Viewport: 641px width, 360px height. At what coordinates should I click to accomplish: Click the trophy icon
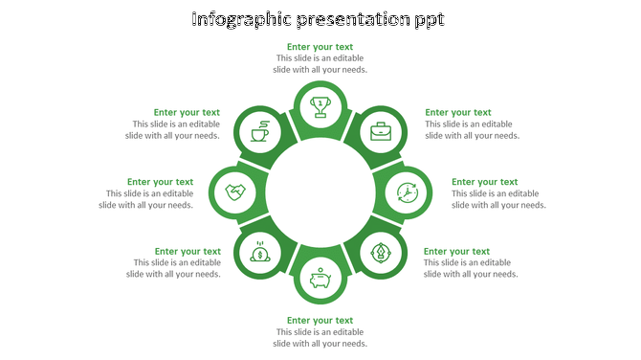[320, 104]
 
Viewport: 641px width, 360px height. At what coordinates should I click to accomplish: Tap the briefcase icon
[382, 131]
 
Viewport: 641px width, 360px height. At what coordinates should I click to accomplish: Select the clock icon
[408, 192]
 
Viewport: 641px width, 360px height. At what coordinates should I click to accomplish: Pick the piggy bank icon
[320, 280]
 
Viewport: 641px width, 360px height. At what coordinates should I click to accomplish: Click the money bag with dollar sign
[259, 253]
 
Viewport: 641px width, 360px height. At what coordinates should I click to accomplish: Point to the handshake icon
[234, 192]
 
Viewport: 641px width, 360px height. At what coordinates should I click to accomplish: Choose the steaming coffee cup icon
[259, 130]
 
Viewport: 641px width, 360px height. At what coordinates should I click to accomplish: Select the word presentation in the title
[360, 19]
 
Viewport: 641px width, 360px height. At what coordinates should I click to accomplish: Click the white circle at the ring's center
[320, 191]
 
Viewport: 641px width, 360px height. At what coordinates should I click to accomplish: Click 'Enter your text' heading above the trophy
[320, 46]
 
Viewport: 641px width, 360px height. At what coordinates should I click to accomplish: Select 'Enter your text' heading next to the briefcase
[458, 112]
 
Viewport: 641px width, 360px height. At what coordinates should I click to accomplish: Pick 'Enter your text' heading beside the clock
[485, 182]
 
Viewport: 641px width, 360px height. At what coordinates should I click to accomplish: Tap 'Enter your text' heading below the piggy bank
[320, 321]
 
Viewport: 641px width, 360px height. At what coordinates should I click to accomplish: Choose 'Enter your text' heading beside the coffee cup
[187, 112]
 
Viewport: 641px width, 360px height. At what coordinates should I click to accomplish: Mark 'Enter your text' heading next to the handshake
[160, 182]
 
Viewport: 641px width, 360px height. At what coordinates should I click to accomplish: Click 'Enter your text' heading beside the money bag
[188, 252]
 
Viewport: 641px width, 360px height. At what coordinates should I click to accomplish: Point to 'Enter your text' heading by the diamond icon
[457, 252]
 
